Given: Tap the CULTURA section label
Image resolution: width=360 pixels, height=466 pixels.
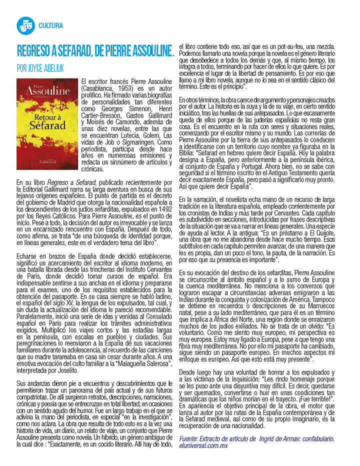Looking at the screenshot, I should tap(50, 24).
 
